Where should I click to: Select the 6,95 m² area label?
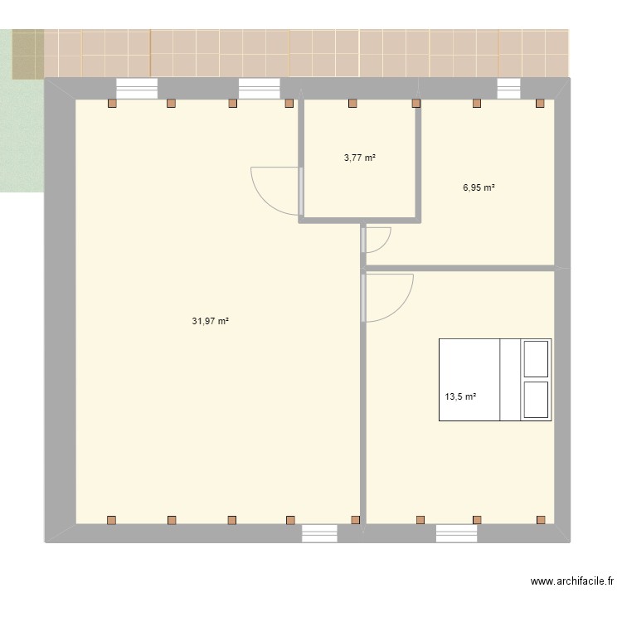tap(479, 187)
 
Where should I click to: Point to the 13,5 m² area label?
tap(460, 396)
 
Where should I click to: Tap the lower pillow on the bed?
tap(536, 400)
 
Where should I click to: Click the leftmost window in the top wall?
tap(137, 88)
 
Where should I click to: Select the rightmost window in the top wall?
tap(508, 88)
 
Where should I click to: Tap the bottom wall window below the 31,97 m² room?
tap(319, 533)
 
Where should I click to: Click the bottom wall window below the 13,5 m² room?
tap(457, 533)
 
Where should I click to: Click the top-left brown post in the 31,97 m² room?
tap(112, 104)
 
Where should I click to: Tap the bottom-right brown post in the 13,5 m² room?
tap(541, 519)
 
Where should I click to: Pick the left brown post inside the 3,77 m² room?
tap(352, 104)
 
